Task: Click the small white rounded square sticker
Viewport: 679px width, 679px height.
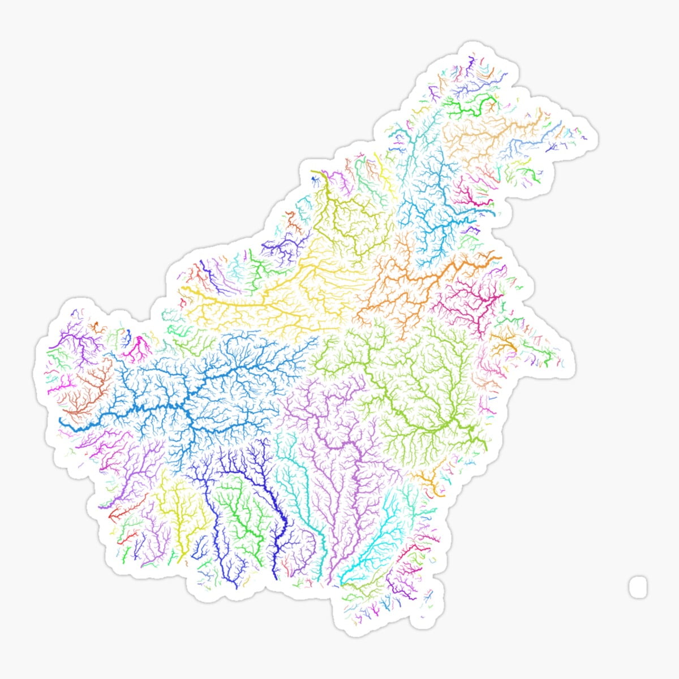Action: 638,586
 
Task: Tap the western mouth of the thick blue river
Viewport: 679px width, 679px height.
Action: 62,420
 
